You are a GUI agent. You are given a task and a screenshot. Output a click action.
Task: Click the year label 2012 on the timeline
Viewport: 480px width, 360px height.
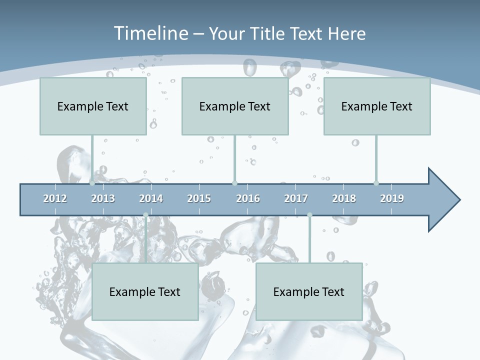click(x=55, y=198)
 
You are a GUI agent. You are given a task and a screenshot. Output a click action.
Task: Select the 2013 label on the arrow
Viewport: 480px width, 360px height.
click(x=103, y=198)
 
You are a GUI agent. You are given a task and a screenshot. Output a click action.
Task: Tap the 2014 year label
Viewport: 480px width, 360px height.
click(x=151, y=198)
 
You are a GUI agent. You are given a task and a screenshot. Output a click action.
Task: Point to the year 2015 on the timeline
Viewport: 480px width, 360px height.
click(x=199, y=198)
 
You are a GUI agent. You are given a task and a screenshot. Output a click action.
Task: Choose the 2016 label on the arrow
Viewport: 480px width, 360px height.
click(x=248, y=198)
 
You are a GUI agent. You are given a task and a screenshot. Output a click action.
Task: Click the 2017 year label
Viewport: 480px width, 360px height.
click(x=296, y=198)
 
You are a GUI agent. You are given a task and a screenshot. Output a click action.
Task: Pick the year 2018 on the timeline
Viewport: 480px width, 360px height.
click(x=344, y=198)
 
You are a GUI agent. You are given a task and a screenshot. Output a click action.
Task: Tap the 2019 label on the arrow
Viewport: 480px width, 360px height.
click(x=392, y=198)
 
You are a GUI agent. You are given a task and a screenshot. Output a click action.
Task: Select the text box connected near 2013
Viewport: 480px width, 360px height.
click(x=93, y=106)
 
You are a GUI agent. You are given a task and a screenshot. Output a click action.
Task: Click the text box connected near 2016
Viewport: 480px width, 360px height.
click(x=235, y=106)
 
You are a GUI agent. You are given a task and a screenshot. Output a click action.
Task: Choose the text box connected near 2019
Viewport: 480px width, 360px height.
click(x=377, y=106)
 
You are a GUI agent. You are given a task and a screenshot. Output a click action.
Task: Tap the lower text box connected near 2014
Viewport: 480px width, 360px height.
click(x=145, y=291)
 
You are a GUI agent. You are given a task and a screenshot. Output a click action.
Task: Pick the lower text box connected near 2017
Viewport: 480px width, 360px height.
click(x=309, y=291)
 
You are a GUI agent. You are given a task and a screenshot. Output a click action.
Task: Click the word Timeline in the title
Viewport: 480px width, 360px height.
click(x=150, y=33)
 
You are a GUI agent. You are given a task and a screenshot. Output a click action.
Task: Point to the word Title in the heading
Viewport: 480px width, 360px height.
click(x=270, y=33)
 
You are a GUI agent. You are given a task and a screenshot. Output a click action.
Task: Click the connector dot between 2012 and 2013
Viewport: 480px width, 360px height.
click(x=92, y=183)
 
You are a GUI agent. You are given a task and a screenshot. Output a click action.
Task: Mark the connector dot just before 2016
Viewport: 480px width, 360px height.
click(x=234, y=183)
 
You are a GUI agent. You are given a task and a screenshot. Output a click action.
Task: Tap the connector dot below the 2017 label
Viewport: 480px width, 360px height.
click(x=309, y=215)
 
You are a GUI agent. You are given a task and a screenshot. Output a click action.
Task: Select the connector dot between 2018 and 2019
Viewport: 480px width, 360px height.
click(x=376, y=183)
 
